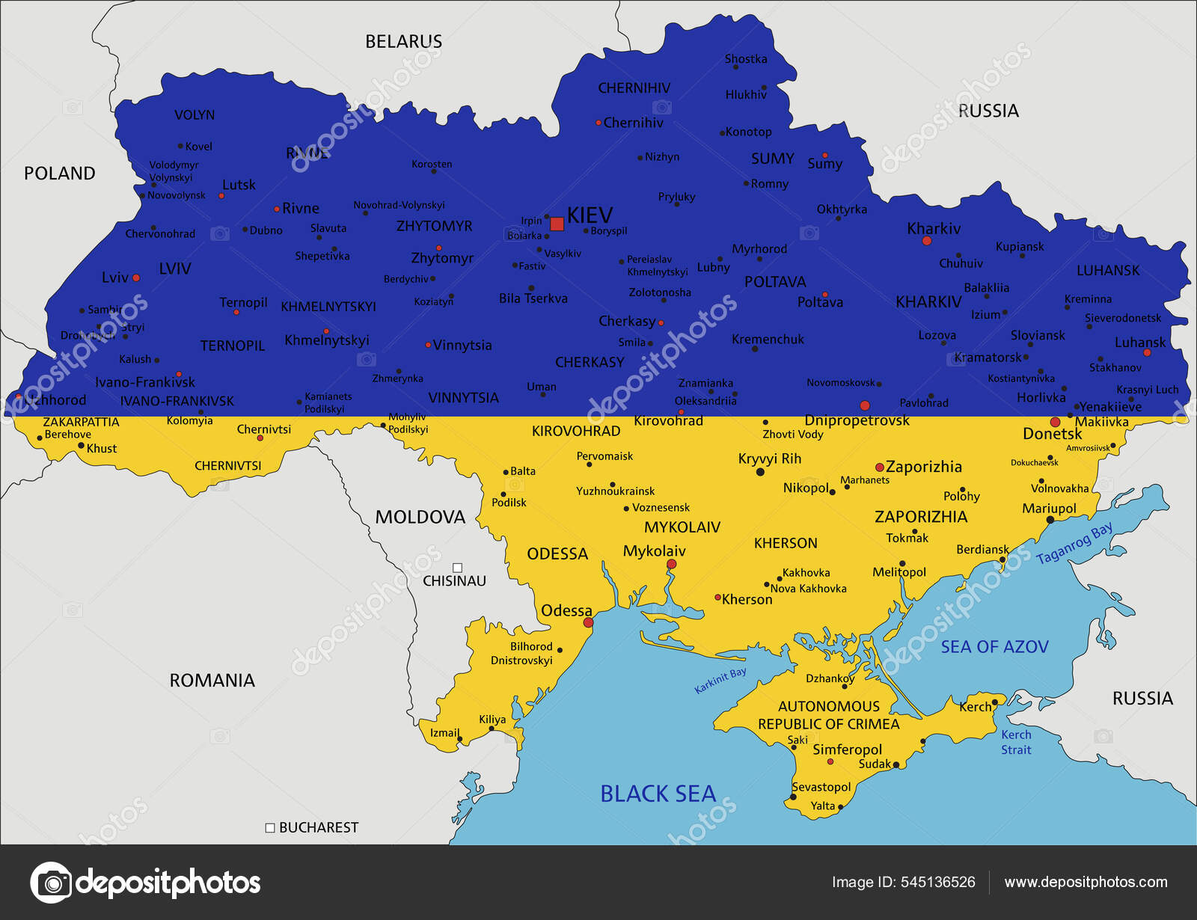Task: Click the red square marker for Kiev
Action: (x=557, y=224)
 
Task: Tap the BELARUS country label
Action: (x=403, y=42)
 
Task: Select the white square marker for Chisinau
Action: (x=457, y=568)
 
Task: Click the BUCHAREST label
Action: (x=319, y=827)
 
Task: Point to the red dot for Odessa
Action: (x=588, y=622)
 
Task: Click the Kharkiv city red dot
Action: (x=927, y=241)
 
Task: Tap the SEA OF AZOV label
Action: (x=994, y=647)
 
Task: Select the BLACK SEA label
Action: (x=658, y=794)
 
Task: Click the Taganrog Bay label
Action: (x=1074, y=544)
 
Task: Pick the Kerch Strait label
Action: (x=1016, y=742)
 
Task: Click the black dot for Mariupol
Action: (x=1050, y=519)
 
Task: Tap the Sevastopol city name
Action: (x=821, y=787)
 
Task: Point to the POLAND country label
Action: (x=60, y=174)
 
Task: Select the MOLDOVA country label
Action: (x=420, y=517)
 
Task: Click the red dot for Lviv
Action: (x=136, y=277)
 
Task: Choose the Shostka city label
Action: (x=745, y=59)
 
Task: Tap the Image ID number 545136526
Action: (x=937, y=882)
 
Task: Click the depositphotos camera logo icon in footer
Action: (x=51, y=883)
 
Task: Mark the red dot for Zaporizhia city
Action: (x=879, y=467)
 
